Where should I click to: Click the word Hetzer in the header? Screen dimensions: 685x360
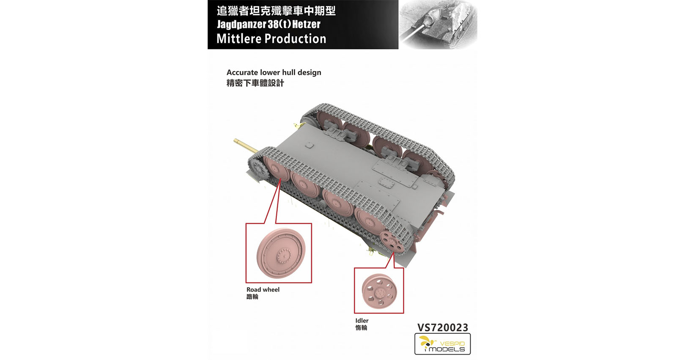[x=306, y=24]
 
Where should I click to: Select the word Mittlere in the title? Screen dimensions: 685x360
[x=238, y=39]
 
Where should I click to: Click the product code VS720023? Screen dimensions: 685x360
[x=442, y=327]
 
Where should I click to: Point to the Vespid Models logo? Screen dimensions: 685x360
[x=442, y=344]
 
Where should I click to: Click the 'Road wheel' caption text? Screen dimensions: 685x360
[x=263, y=290]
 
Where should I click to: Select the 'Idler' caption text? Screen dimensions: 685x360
[x=362, y=321]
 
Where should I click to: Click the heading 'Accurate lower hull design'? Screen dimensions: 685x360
[x=274, y=72]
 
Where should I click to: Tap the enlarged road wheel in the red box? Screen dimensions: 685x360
[x=281, y=253]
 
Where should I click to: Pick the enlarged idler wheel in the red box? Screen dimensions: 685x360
[x=379, y=291]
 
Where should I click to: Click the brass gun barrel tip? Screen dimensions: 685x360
[x=236, y=141]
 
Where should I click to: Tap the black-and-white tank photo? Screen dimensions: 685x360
[x=438, y=25]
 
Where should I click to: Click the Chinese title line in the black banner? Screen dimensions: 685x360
[x=276, y=11]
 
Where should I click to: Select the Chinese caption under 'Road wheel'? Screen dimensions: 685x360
[x=252, y=297]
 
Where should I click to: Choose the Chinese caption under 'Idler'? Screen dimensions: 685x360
[x=361, y=327]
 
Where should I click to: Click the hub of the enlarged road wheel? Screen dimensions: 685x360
[x=284, y=256]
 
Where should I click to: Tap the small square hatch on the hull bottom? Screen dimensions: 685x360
[x=310, y=146]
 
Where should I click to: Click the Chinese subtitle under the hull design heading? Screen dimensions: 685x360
[x=255, y=83]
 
